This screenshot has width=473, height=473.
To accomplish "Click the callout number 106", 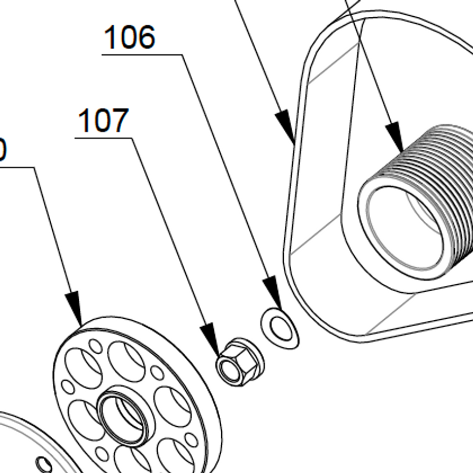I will pos(130,37).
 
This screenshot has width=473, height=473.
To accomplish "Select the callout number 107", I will pos(103,121).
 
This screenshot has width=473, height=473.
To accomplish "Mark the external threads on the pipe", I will pos(443,163).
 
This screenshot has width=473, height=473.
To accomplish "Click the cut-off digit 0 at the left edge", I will pos(2,150).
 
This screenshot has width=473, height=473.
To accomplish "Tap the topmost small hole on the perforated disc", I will pos(96,346).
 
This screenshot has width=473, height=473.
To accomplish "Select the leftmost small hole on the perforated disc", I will pos(68,387).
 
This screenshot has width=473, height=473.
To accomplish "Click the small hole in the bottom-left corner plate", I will pos(44,463).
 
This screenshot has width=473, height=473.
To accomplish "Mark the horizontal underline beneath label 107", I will pos(103,138).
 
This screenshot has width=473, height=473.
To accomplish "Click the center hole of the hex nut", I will pos(228,368).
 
